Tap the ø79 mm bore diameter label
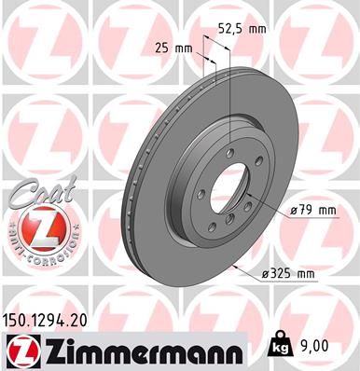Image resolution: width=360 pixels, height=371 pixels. point(312,211)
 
